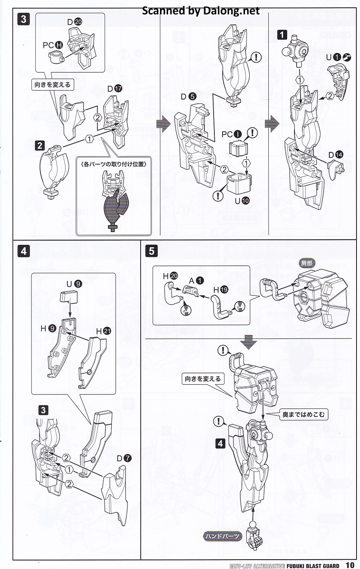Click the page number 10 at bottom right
point(350,565)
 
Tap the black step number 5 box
point(151,251)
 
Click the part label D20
point(75,22)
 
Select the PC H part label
point(53,45)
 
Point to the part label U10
point(242,201)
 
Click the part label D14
point(336,155)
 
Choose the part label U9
point(74,284)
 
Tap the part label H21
point(103,331)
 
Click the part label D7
point(124,458)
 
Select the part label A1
point(196,281)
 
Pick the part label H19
point(221,290)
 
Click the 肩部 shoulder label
point(306,263)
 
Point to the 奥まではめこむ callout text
point(303,415)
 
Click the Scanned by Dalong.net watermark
point(200,11)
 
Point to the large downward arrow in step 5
point(249,342)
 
